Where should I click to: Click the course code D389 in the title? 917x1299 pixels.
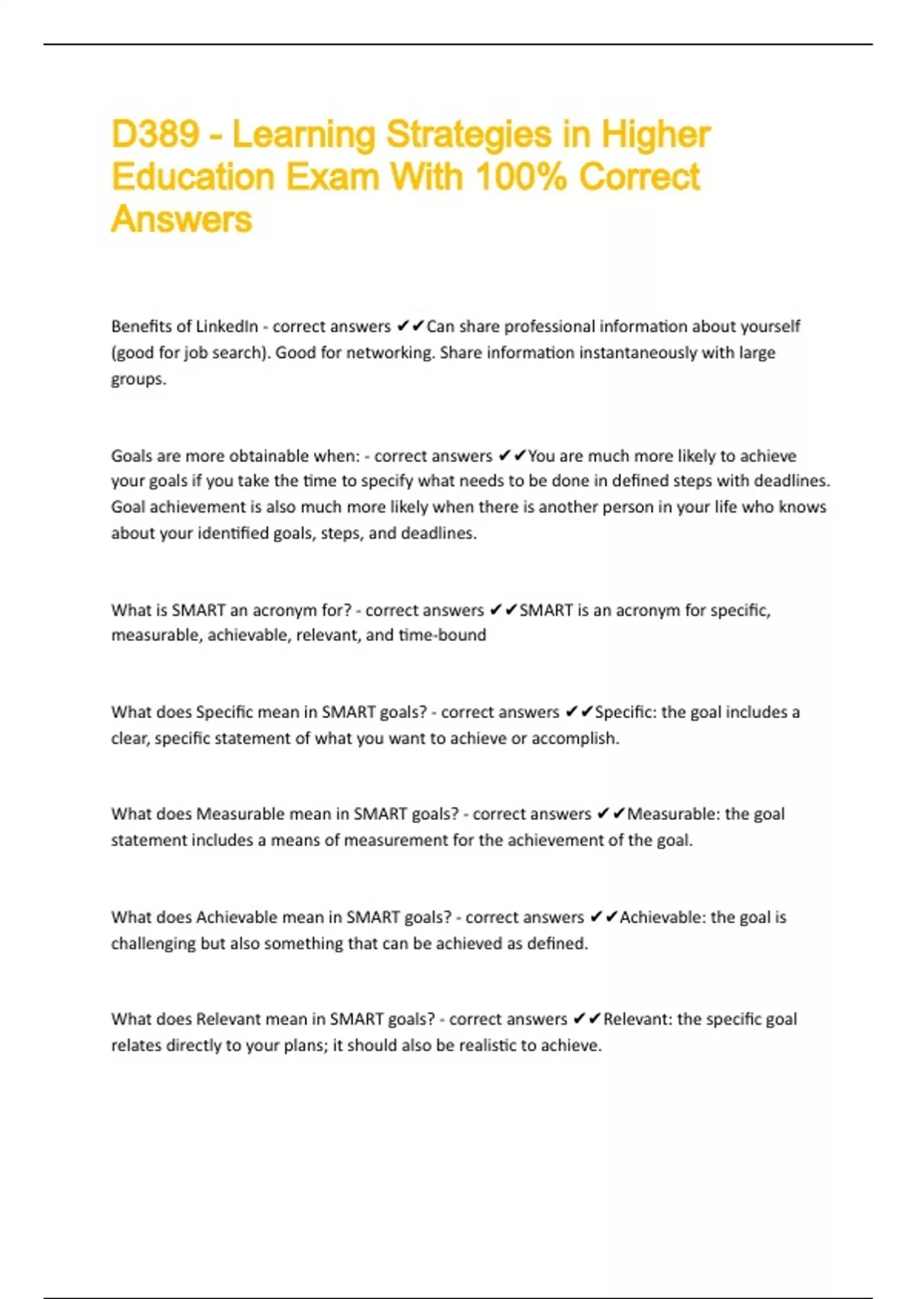(155, 135)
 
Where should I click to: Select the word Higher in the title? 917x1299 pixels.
(656, 135)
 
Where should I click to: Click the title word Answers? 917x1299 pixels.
(181, 219)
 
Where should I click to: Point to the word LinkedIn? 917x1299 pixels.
(227, 327)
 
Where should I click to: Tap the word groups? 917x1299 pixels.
(138, 380)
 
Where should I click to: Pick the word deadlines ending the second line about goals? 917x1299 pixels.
(791, 481)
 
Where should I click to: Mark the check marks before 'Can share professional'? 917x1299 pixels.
(410, 327)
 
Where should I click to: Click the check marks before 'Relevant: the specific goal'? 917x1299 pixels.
(587, 1019)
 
